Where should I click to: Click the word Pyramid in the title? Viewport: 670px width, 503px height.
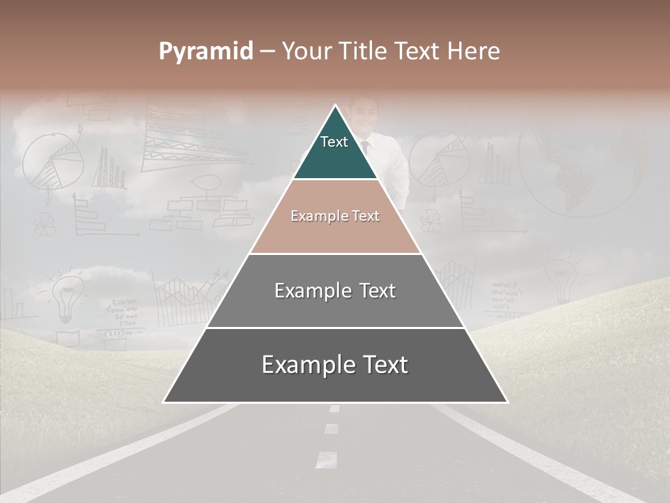[205, 52]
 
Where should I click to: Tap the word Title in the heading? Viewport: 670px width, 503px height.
[364, 51]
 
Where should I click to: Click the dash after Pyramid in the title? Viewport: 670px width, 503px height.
[267, 52]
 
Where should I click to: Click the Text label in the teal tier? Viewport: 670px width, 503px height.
[334, 142]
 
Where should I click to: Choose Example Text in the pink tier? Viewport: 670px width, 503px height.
[335, 216]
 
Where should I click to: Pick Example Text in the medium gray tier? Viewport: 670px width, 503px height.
[335, 291]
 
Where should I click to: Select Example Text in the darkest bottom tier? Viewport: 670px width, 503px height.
[335, 365]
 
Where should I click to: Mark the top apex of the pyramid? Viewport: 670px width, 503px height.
[336, 105]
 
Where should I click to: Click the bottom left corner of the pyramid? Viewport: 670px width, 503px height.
[164, 402]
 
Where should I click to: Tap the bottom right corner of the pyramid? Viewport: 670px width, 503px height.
[507, 402]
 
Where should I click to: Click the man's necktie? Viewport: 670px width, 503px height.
[364, 147]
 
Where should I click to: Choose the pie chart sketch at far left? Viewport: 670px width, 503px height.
[54, 164]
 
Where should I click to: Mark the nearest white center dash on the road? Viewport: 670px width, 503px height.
[326, 459]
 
